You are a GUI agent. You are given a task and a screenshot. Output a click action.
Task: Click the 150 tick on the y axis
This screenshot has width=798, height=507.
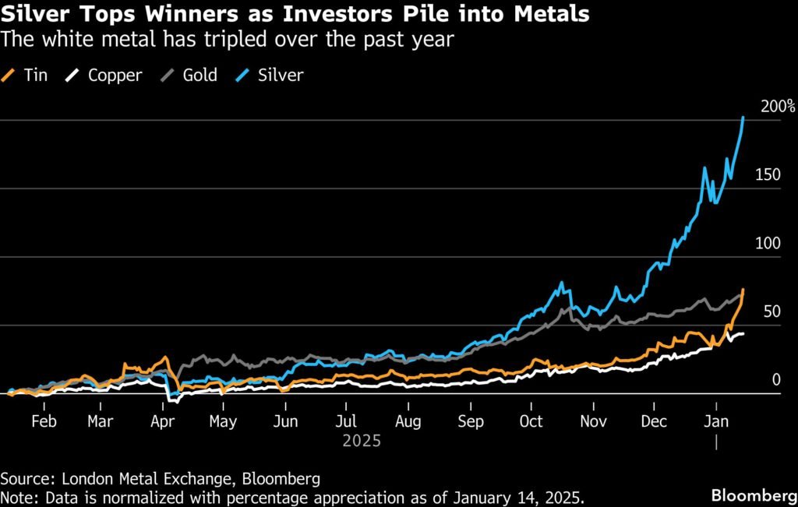click(768, 174)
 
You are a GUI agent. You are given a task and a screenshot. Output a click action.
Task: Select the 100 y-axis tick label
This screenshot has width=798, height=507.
click(768, 243)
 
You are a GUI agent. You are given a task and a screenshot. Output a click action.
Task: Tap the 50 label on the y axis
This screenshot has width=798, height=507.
click(772, 312)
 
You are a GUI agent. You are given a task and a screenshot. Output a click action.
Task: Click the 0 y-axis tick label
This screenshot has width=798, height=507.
click(776, 379)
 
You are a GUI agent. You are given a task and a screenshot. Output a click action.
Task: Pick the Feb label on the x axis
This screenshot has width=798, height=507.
click(43, 421)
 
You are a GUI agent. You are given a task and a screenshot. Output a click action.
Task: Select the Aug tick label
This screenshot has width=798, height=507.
click(408, 421)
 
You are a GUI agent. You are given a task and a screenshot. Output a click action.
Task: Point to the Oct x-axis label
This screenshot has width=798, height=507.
click(531, 421)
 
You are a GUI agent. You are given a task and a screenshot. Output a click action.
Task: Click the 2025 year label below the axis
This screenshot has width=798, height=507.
click(362, 441)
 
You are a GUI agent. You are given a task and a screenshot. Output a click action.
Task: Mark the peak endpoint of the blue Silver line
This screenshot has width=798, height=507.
click(743, 118)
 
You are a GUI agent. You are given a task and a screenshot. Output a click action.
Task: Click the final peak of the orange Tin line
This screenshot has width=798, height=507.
click(743, 290)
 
